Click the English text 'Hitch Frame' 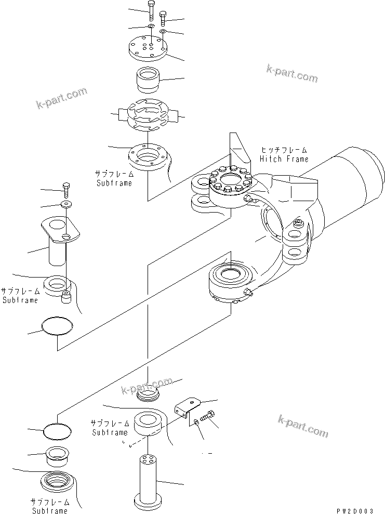tap(284, 159)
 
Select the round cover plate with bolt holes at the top tap(148, 47)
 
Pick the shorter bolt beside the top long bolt tap(163, 19)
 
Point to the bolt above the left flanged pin tap(66, 188)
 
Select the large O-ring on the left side tap(57, 326)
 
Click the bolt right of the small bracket tap(209, 416)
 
